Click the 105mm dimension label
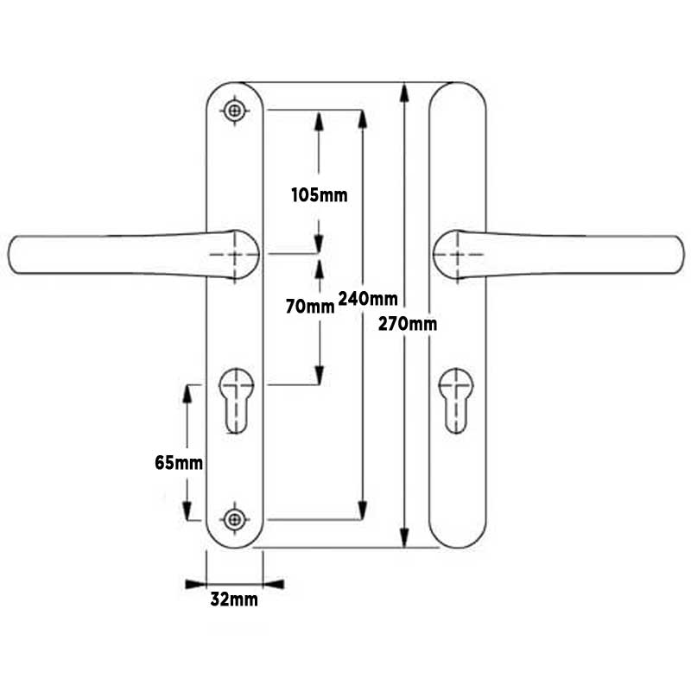pos(319,194)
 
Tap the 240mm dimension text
pos(369,299)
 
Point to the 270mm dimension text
pos(408,324)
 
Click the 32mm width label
pos(234,599)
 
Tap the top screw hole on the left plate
pos(234,111)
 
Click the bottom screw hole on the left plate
pos(234,518)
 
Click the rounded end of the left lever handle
pos(19,254)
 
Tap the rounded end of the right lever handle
pos(673,254)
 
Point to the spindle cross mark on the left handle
pos(234,254)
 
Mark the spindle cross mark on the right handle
pos(457,254)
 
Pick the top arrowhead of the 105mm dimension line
pos(319,119)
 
